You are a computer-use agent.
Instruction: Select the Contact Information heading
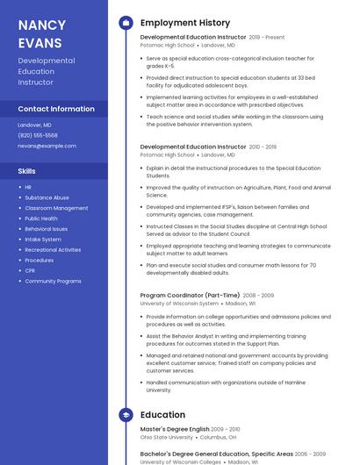coord(56,109)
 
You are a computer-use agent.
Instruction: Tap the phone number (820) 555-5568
coord(38,135)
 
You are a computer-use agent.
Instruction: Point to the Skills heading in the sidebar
coord(26,171)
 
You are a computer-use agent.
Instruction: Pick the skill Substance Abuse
coord(47,197)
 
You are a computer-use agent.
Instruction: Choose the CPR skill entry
coord(31,271)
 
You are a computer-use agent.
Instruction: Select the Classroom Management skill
coord(56,208)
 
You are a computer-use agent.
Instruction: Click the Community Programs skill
coord(53,282)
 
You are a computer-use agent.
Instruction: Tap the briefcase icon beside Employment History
coord(126,23)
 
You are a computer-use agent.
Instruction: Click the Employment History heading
coord(185,23)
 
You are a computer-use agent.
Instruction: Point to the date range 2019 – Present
coord(267,38)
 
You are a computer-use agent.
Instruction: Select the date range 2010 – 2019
coord(263,147)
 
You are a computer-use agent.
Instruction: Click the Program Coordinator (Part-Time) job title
coord(189,296)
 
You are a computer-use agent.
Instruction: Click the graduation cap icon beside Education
coord(126,415)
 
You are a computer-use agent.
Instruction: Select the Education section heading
coord(162,415)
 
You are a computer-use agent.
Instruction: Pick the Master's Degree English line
coord(175,429)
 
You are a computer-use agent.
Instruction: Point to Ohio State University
coord(167,437)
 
